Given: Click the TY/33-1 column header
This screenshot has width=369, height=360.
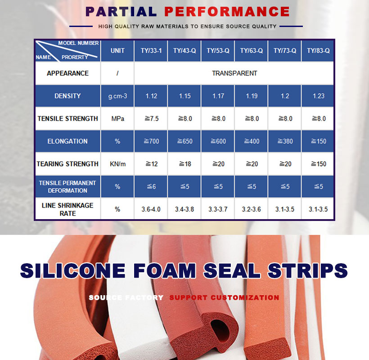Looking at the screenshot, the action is pos(151,51).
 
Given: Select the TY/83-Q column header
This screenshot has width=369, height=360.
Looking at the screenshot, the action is pos(318,51).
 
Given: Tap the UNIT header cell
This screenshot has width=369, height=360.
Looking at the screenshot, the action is pos(117,51).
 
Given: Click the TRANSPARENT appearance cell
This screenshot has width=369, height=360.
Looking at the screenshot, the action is pos(234,73).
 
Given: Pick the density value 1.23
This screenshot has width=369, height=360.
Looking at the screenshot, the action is pos(318,96).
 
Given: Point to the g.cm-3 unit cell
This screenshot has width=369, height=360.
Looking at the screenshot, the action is pos(117,96).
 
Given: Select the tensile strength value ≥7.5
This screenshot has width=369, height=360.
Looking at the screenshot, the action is pos(151,119).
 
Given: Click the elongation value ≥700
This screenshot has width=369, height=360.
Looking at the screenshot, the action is pos(151,141).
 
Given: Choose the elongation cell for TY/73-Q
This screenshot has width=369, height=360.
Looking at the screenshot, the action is pos(285,141).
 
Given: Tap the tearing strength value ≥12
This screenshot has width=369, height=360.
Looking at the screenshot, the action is pos(151,164).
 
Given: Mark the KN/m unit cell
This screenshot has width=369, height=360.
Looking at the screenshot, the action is pos(117,164).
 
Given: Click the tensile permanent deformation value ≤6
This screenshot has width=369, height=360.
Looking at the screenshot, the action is pos(151,187).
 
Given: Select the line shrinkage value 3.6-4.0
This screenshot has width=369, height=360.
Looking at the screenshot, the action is pos(151,209).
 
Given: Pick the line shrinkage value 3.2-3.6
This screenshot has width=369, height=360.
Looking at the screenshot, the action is pos(252,209).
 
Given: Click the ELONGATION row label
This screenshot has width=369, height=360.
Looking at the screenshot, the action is pos(67,141).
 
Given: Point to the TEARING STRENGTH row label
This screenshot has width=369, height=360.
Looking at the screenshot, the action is pos(67,164).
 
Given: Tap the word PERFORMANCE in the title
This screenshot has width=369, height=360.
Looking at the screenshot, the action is pos(227,12).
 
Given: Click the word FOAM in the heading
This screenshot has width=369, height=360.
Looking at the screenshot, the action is pos(165,270).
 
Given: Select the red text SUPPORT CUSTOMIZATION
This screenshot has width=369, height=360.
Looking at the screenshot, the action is pos(224,297).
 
